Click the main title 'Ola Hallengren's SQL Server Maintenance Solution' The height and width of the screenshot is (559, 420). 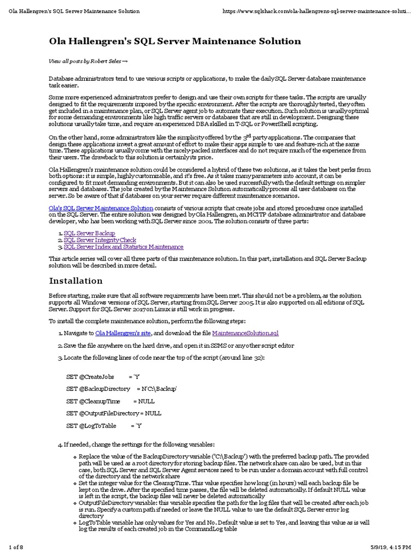click(175, 41)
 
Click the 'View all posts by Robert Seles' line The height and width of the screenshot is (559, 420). click(88, 62)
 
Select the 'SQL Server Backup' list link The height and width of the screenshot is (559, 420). click(89, 233)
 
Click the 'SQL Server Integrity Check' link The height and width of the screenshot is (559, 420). click(100, 240)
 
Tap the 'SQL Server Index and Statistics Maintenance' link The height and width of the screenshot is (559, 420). click(124, 247)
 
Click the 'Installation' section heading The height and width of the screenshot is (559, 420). click(76, 281)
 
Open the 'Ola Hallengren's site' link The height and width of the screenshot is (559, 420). click(123, 332)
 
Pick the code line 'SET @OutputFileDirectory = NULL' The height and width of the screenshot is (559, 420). click(114, 413)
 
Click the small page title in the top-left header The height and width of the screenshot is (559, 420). click(74, 11)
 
